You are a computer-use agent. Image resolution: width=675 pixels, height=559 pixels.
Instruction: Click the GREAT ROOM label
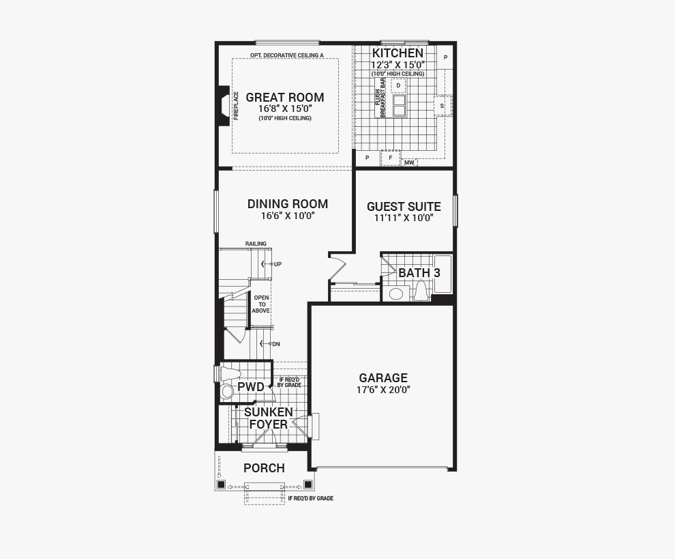pos(284,98)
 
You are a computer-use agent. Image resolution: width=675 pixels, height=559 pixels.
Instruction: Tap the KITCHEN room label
pos(397,53)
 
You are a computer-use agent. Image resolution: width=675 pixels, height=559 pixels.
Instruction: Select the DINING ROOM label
pos(288,204)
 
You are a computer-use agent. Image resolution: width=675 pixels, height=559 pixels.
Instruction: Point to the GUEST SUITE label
pos(404,206)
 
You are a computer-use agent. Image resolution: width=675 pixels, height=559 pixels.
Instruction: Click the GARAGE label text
pos(383,378)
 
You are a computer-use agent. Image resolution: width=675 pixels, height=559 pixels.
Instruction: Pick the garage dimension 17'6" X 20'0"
pos(383,390)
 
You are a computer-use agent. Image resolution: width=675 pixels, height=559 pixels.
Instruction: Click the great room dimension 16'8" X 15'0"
pos(285,108)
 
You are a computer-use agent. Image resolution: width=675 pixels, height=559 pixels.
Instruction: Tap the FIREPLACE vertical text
pos(236,106)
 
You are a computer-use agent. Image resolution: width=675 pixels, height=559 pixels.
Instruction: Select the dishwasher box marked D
pos(398,86)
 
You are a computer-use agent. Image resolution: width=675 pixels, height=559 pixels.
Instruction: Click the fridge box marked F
pos(391,158)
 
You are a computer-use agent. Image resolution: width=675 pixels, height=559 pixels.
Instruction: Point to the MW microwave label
pos(409,163)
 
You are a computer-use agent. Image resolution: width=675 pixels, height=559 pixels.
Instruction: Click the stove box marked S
pos(442,106)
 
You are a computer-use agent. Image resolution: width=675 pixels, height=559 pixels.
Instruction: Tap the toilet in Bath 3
pos(421,291)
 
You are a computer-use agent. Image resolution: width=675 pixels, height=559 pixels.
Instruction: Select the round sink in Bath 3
pos(395,294)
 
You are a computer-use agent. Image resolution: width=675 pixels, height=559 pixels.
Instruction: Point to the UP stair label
pos(277,264)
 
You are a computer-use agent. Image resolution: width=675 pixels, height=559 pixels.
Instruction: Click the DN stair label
pos(276,344)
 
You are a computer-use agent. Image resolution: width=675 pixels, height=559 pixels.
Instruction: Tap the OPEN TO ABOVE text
pos(261,304)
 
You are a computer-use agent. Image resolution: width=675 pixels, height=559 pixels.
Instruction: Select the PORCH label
pos(265,468)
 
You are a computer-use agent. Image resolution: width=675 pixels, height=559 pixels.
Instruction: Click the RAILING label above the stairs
pos(256,244)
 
